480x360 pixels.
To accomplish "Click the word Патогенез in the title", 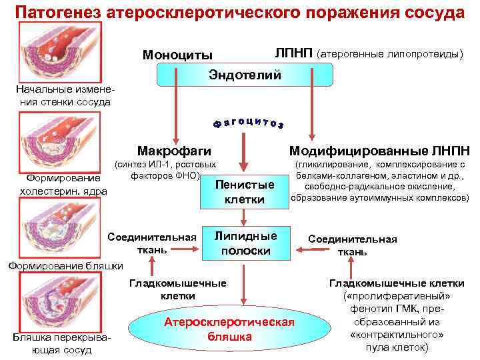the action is [x=50, y=13].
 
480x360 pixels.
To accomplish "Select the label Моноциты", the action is [x=178, y=55].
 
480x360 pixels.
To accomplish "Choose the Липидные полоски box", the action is [x=245, y=243].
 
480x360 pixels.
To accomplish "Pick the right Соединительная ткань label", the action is [x=352, y=245].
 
